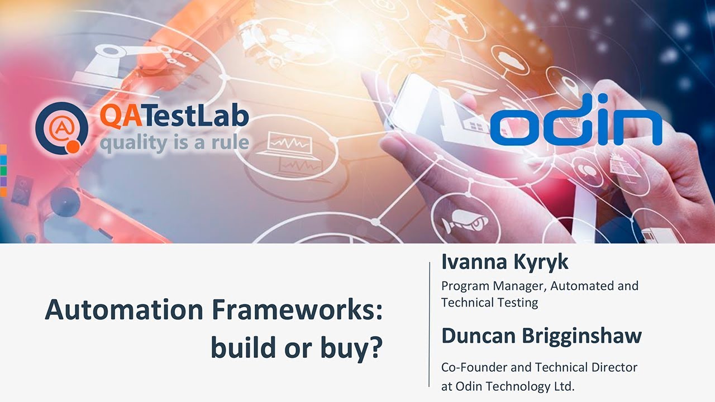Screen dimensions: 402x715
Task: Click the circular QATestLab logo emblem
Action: tap(61, 128)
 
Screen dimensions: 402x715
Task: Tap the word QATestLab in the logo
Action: tap(174, 117)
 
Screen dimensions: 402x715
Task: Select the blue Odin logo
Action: tap(576, 126)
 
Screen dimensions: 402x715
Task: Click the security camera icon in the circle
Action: tap(461, 223)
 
